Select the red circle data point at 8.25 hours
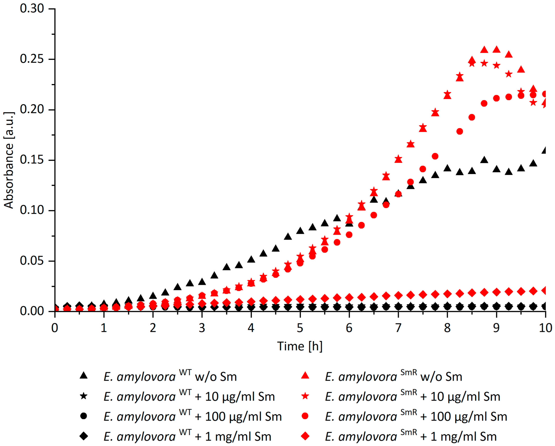pos(460,131)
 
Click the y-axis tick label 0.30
pos(32,9)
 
